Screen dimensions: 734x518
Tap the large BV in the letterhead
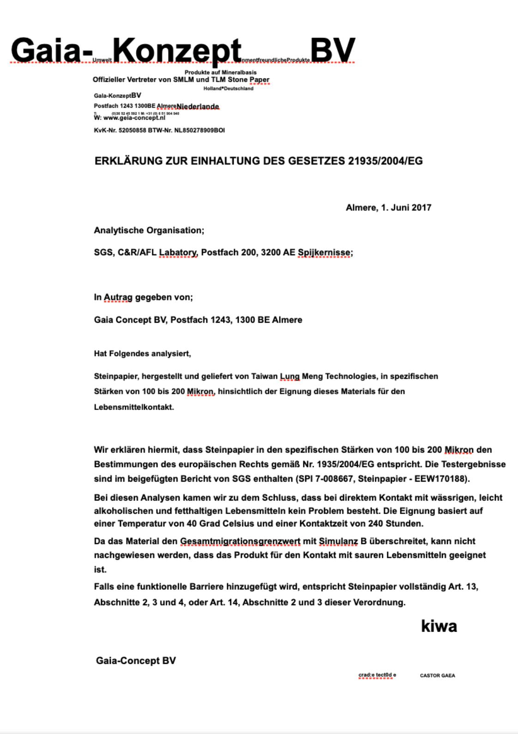[332, 50]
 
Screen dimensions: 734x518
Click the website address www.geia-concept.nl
[133, 118]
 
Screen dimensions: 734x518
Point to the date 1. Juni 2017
[406, 208]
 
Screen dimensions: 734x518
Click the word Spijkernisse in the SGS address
[324, 252]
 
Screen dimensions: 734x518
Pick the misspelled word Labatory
[178, 252]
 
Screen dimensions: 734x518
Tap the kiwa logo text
[439, 626]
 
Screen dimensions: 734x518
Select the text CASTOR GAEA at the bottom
[437, 675]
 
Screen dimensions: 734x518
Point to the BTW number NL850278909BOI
[199, 130]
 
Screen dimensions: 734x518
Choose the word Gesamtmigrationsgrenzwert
[240, 541]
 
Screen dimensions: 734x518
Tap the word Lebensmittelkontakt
[133, 407]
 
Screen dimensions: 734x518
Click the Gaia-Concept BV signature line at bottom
[136, 661]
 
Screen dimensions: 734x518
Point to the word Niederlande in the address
[197, 107]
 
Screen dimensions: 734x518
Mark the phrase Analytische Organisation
[149, 230]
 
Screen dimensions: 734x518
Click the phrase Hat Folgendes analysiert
[142, 354]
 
